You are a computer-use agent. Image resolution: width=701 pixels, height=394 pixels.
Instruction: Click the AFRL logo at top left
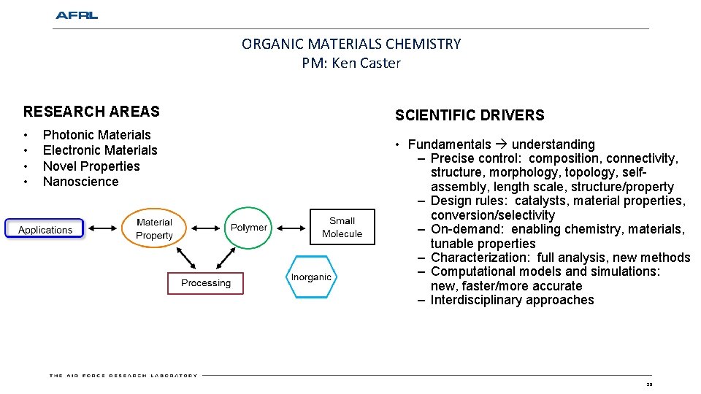tap(76, 15)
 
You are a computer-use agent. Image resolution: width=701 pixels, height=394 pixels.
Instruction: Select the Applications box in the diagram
tap(45, 230)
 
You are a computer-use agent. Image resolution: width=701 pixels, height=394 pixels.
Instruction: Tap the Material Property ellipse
tap(154, 228)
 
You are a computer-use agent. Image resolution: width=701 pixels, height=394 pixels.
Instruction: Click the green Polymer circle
tap(249, 228)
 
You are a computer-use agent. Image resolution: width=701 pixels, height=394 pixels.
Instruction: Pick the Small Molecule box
tap(342, 228)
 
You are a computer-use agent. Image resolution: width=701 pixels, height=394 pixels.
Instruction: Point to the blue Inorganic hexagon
tap(311, 277)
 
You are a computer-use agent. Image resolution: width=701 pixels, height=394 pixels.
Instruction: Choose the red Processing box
tap(205, 283)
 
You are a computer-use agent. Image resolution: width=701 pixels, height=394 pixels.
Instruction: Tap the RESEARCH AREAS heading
tap(91, 112)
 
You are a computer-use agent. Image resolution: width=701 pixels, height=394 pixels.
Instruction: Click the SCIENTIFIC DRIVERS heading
tap(470, 115)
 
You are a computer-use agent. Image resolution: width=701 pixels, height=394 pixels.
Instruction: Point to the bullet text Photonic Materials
tap(96, 134)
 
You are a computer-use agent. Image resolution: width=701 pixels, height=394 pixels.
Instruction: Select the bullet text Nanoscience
tap(80, 182)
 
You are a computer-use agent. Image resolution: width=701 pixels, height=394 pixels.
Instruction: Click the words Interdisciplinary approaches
tap(512, 300)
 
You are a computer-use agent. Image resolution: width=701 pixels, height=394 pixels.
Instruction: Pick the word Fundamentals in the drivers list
tap(449, 144)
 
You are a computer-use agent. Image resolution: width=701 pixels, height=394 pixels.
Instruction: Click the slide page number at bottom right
tap(648, 384)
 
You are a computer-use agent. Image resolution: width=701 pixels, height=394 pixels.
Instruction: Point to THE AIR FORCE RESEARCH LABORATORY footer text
tap(123, 376)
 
